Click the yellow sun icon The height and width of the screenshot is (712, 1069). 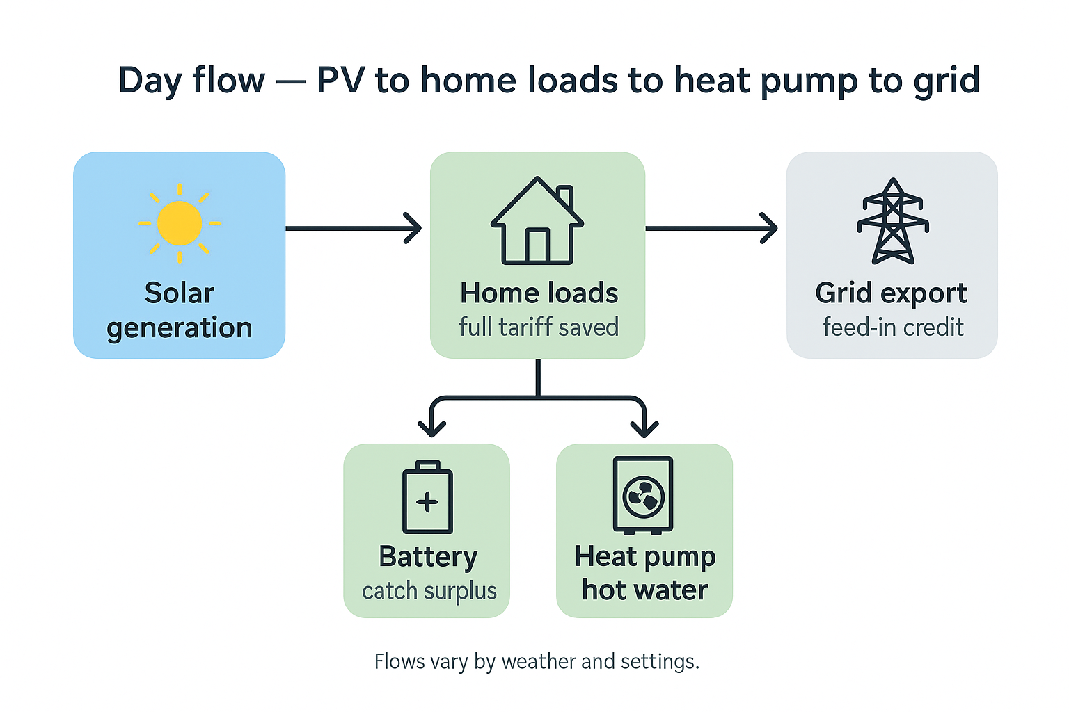(x=180, y=223)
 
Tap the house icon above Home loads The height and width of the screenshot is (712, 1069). (x=537, y=222)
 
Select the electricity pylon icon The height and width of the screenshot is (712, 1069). (x=893, y=222)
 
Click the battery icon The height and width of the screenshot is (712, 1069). (x=427, y=498)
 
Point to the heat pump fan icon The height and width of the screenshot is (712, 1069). (x=643, y=496)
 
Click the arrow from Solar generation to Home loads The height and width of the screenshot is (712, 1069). (x=354, y=228)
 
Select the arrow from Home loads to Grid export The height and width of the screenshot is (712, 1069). (x=711, y=228)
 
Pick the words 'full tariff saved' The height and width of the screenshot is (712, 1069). (x=539, y=327)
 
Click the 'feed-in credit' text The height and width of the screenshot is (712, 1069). (x=893, y=327)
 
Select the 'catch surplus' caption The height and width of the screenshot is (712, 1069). (x=429, y=591)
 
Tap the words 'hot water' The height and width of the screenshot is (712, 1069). (x=644, y=590)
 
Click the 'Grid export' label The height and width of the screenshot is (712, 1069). (x=891, y=293)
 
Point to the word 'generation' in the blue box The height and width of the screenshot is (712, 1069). (x=180, y=327)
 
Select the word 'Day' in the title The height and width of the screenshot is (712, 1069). (x=150, y=81)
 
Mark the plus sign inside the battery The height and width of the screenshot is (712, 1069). (x=427, y=502)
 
